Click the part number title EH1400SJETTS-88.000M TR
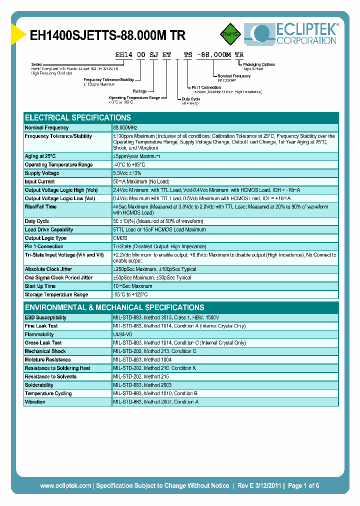(108, 36)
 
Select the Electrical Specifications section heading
(77, 118)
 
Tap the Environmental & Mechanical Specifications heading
(114, 307)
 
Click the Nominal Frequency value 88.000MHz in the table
(125, 128)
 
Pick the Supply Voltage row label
(42, 173)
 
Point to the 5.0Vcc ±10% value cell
(128, 173)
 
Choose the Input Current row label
(40, 181)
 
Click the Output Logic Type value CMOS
(120, 238)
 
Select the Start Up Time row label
(40, 286)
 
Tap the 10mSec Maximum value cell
(132, 286)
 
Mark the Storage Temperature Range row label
(56, 295)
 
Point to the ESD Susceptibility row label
(45, 317)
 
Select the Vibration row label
(35, 402)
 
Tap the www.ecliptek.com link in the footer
(65, 486)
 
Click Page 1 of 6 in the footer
(303, 486)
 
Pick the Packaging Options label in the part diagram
(258, 64)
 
